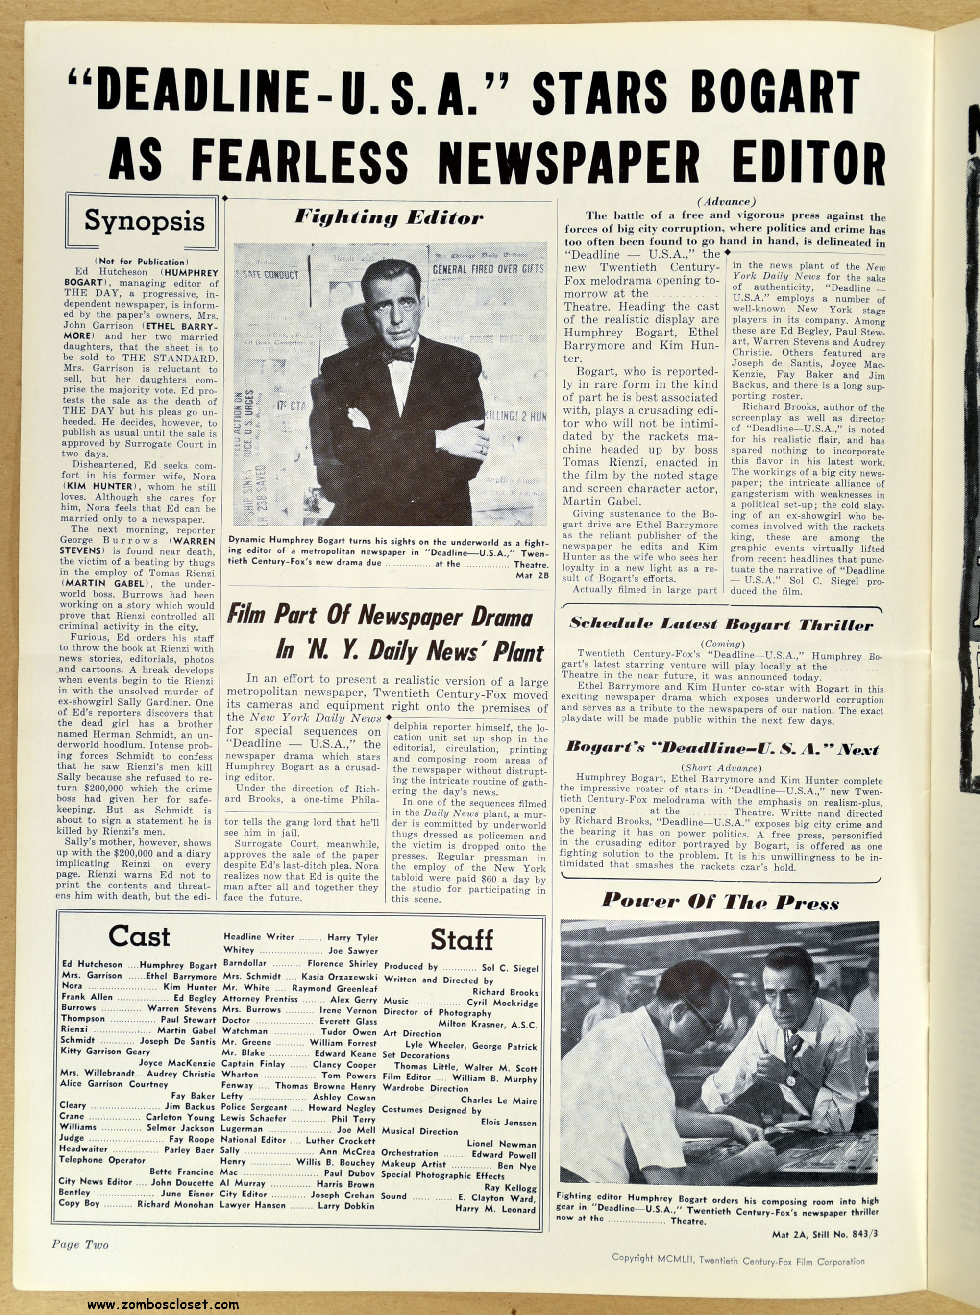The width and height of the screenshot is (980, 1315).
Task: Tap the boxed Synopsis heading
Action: coord(144,220)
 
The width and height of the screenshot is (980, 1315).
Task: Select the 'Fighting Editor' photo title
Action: coord(389,217)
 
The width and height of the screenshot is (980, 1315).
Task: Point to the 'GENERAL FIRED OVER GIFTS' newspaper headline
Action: coord(488,268)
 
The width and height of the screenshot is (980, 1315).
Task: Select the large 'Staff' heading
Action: coord(461,940)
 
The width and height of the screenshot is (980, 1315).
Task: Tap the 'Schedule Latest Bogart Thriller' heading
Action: coord(721,623)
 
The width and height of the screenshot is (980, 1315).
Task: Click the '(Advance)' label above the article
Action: coord(720,202)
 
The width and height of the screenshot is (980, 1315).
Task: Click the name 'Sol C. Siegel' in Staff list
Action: coord(509,968)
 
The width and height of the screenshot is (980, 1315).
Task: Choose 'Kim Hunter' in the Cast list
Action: coord(190,987)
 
